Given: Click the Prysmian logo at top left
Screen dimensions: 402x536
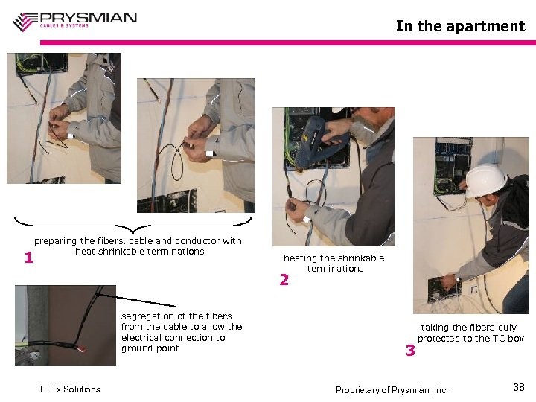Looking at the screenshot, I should tap(74, 20).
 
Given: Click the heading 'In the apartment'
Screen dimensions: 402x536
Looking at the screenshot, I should tap(460, 26).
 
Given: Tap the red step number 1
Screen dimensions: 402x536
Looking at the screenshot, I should tap(28, 258).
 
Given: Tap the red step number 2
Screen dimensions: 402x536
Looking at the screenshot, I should tap(284, 280).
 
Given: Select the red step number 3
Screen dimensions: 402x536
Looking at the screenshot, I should tap(409, 350).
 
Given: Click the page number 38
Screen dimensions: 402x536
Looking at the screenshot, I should tap(519, 387).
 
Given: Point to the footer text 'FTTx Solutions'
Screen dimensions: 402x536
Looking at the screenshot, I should tap(70, 389).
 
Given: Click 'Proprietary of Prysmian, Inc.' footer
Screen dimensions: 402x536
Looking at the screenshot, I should tap(392, 390).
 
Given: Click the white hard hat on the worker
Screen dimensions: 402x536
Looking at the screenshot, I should tap(485, 179).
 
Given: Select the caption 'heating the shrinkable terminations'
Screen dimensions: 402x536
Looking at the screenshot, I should tap(334, 263).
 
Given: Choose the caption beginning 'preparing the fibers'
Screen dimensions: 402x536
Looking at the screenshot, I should tap(138, 246).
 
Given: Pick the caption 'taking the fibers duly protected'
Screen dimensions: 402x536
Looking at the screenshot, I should tap(470, 333).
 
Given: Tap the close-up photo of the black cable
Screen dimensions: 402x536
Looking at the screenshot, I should tap(65, 325).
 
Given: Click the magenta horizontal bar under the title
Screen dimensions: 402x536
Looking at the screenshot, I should tap(287, 42).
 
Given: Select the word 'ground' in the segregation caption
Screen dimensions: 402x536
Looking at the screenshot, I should tap(136, 348).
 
